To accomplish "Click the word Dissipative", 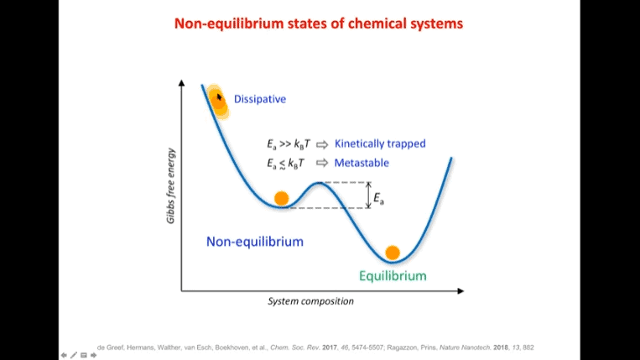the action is (x=259, y=99).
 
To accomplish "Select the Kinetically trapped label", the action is (x=380, y=143).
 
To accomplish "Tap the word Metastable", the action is (x=362, y=163).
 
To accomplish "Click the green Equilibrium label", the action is (x=393, y=276).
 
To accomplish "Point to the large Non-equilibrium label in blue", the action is (x=255, y=242).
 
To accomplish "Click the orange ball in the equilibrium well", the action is (x=393, y=253).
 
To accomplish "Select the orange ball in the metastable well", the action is (x=281, y=198).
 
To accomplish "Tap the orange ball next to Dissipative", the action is (x=218, y=102).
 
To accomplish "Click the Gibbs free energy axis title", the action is (x=170, y=185).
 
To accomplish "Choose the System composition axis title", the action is (x=310, y=301).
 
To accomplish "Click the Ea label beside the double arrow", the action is (x=378, y=199).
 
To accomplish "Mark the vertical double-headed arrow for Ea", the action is (x=368, y=195).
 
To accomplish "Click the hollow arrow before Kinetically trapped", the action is (x=322, y=144).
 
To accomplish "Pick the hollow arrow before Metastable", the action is (x=322, y=163).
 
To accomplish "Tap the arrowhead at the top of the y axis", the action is (x=182, y=83).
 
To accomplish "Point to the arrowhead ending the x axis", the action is (x=460, y=291).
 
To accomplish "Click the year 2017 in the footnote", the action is (x=330, y=347).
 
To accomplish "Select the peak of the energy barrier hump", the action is (x=320, y=183).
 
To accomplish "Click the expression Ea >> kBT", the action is (x=289, y=144).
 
